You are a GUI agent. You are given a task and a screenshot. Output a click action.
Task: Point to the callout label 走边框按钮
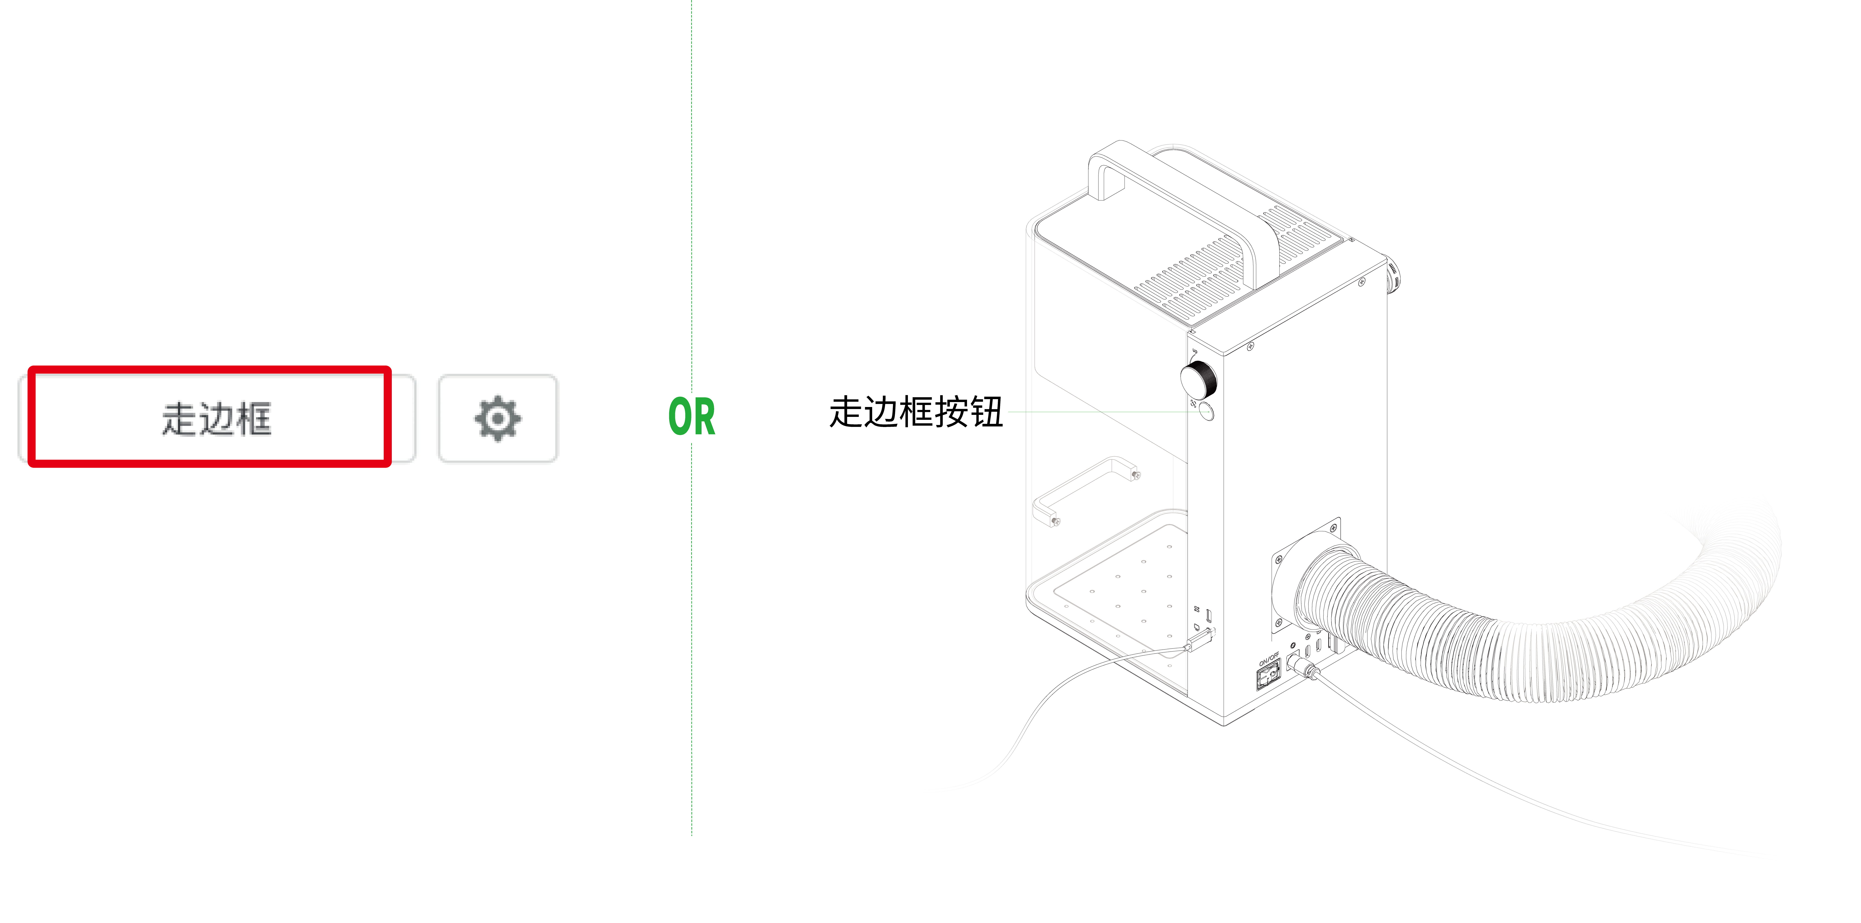click(916, 412)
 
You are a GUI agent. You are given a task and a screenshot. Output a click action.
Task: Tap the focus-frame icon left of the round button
click(1193, 403)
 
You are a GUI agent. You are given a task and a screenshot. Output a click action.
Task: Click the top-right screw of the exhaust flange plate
click(1333, 529)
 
